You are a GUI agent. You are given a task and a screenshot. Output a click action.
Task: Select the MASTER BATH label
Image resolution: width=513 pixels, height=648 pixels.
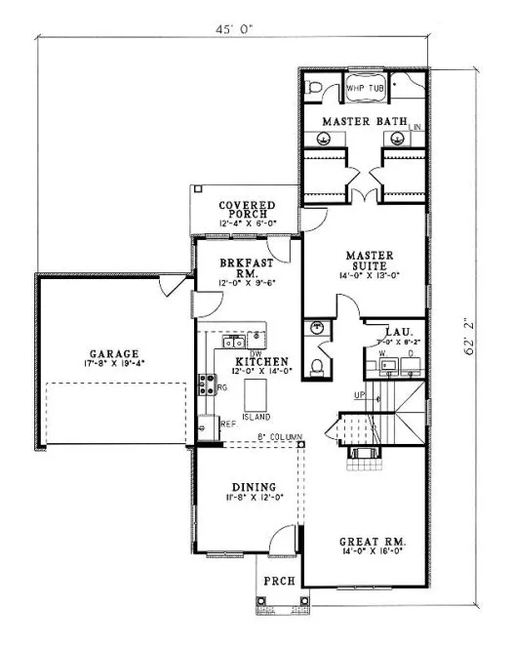[365, 122]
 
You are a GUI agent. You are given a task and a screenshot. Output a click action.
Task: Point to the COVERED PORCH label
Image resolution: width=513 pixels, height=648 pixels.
[247, 210]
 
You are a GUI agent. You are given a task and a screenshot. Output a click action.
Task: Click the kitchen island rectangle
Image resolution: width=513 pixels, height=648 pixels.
[255, 394]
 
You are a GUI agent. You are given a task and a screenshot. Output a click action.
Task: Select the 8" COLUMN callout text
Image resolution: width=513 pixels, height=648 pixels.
[279, 436]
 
